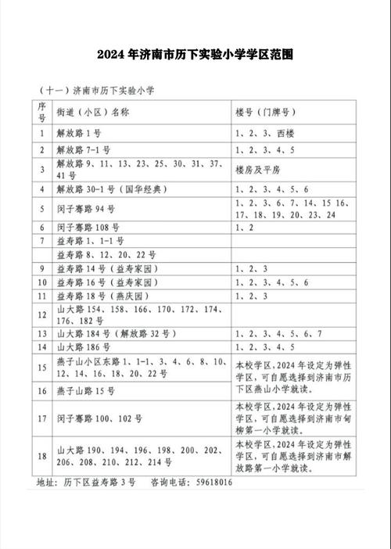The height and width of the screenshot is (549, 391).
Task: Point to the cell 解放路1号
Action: [x=79, y=133]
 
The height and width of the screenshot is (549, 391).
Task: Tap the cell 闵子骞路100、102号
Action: [x=99, y=418]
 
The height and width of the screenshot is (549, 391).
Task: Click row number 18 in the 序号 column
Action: [x=41, y=455]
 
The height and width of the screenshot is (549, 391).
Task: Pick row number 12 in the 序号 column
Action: [x=41, y=314]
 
